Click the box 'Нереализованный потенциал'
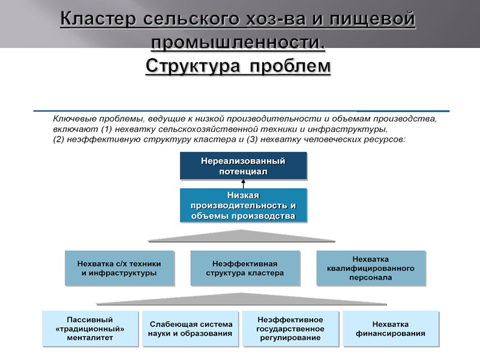tap(243, 166)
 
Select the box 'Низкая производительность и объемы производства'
tap(243, 205)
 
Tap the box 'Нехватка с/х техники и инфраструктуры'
tap(119, 268)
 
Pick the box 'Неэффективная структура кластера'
tap(244, 268)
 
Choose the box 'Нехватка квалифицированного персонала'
tap(370, 268)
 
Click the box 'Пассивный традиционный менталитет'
tap(89, 328)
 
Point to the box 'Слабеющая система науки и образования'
tap(190, 328)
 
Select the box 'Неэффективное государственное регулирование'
tap(290, 328)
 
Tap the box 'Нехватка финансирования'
tap(391, 328)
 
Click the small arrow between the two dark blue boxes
tap(243, 184)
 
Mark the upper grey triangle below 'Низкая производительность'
tap(242, 236)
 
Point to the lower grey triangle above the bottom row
tap(242, 299)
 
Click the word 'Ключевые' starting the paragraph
tap(74, 119)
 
